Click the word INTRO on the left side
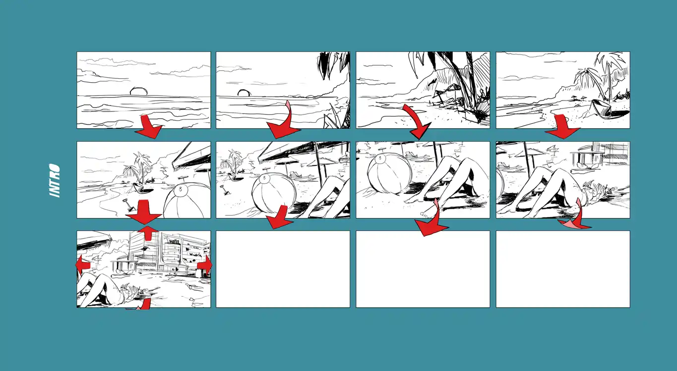coord(55,180)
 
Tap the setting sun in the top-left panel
coord(138,91)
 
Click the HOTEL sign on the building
coord(175,242)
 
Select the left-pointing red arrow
coord(82,265)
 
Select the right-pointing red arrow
coord(205,265)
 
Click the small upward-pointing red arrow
coord(148,232)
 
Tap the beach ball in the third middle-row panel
coord(389,173)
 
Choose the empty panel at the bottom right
coord(563,269)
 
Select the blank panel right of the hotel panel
coord(283,269)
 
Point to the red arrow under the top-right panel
coord(563,127)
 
